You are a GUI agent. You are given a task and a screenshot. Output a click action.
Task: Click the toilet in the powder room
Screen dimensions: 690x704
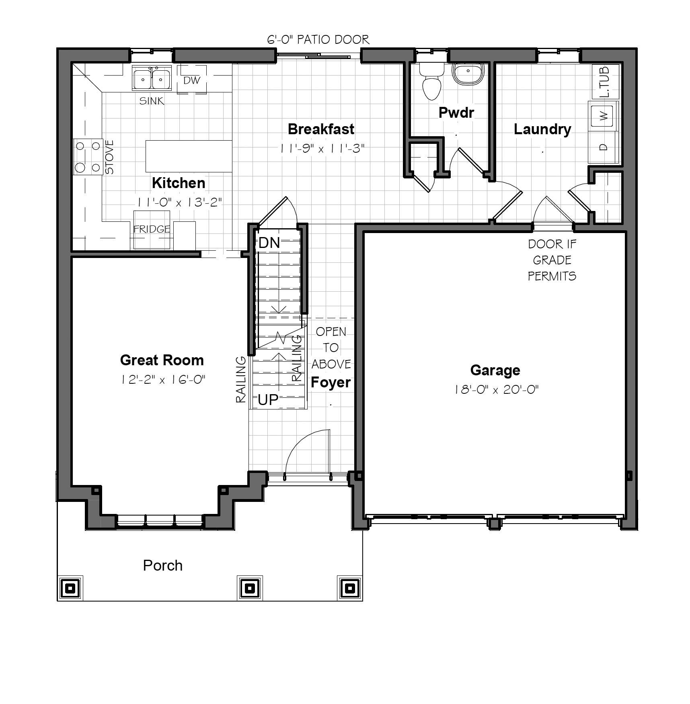coord(432,81)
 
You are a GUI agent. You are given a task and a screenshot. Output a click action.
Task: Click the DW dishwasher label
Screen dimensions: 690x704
coord(192,80)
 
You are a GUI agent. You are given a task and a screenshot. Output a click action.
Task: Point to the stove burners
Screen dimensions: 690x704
coord(88,157)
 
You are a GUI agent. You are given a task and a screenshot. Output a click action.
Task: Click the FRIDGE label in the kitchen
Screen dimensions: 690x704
coord(152,229)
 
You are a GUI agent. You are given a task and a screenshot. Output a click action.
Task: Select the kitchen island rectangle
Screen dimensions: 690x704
coord(189,156)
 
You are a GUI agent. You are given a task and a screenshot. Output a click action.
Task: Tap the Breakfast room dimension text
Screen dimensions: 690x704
coord(322,148)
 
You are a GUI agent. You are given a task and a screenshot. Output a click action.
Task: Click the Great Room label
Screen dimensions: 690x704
coord(162,360)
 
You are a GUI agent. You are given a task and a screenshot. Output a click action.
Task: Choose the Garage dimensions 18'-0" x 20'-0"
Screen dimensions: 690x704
coord(496,389)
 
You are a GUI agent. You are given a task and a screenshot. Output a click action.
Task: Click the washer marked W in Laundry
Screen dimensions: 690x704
coord(603,116)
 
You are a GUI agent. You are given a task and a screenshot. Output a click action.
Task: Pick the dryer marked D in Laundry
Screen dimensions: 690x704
coord(603,147)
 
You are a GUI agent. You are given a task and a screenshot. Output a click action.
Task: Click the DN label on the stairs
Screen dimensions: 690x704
coord(269,243)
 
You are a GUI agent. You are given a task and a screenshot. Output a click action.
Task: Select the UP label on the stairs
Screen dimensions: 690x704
coord(268,400)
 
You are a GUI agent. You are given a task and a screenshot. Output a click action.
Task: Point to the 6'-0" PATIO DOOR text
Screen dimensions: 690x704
coord(318,39)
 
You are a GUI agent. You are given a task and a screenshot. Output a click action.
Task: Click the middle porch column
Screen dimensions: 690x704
coord(250,588)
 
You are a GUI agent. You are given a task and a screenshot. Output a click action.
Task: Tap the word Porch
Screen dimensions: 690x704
coord(163,565)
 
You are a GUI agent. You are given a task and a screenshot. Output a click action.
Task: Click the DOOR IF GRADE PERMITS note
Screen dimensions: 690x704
coord(552,260)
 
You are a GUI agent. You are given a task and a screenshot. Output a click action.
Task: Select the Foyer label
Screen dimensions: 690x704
coord(331,382)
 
